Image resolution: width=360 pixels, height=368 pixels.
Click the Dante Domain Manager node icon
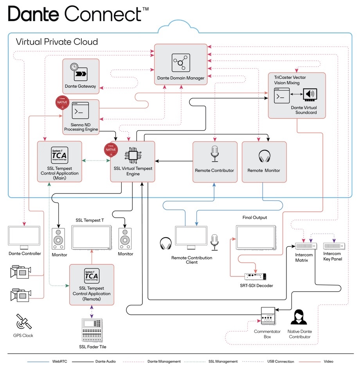[x=180, y=63]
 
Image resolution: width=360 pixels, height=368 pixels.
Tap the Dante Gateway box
[x=81, y=76]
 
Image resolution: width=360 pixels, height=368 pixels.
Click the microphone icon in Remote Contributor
[x=214, y=154]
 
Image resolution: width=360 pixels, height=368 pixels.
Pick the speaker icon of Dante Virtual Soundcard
[x=310, y=95]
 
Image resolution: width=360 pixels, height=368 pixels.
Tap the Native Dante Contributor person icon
[x=299, y=317]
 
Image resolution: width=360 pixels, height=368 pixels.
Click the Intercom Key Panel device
[x=334, y=246]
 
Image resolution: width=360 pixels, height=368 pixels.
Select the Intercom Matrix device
[x=306, y=246]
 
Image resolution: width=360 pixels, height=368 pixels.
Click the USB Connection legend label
[x=279, y=361]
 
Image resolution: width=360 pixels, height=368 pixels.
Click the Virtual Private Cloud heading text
[x=56, y=41]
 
